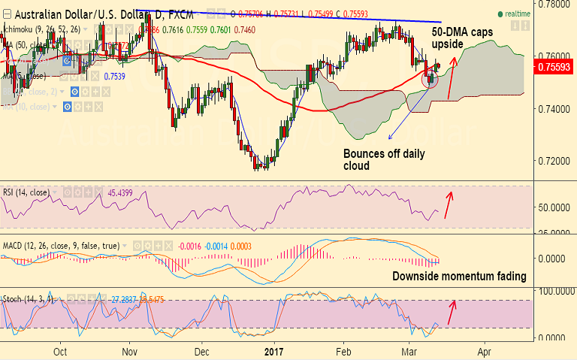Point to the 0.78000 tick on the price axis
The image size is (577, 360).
(x=553, y=4)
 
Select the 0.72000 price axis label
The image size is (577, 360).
(x=553, y=161)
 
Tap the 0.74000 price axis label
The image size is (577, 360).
(x=553, y=109)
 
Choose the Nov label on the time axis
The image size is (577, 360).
(x=130, y=351)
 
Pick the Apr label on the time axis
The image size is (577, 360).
(x=485, y=351)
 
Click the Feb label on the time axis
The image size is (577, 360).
(x=343, y=351)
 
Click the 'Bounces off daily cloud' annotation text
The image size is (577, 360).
(x=384, y=159)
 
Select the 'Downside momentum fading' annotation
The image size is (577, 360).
(x=459, y=277)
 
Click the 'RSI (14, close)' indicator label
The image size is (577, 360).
(x=26, y=192)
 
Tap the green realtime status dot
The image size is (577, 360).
(x=500, y=14)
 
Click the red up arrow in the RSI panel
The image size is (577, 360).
(x=450, y=204)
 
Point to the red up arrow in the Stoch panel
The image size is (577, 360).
(x=452, y=310)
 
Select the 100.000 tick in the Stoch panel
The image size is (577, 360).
(x=553, y=289)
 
